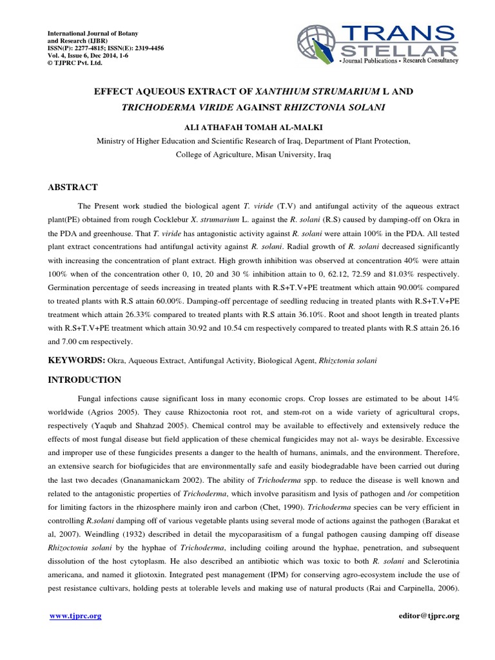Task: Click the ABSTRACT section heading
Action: tap(73, 188)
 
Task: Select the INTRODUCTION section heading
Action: tap(85, 380)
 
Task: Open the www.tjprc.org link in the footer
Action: tap(75, 616)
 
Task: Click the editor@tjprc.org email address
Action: tap(429, 616)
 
